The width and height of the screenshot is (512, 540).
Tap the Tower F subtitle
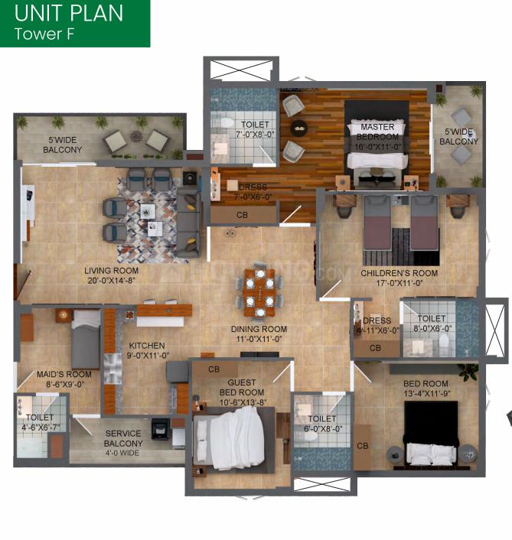(x=44, y=34)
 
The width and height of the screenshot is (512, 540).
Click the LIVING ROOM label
(x=110, y=271)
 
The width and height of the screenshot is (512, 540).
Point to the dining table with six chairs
(x=260, y=291)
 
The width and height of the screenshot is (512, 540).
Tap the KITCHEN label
(x=146, y=346)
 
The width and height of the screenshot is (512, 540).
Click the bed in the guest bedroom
(x=233, y=437)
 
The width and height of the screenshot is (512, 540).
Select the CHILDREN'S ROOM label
(x=399, y=273)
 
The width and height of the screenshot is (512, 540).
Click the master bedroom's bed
(x=378, y=158)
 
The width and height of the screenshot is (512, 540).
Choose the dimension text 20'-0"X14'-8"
(x=110, y=281)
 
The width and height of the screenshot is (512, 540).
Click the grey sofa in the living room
(x=188, y=222)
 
